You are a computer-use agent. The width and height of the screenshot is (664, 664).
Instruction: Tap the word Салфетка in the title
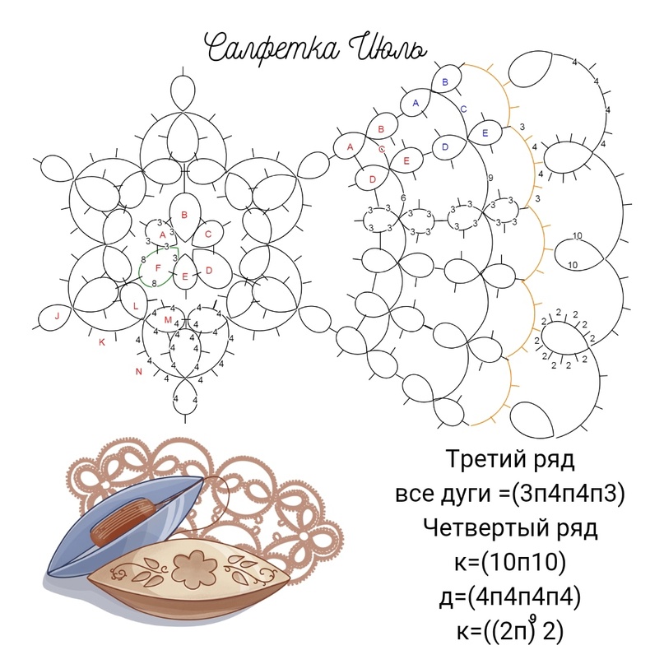(x=273, y=48)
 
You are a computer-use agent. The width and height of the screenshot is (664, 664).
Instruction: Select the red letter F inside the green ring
(x=158, y=268)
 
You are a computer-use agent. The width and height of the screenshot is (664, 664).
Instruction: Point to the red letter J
(x=57, y=316)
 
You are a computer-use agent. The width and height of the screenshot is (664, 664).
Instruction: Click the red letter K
(x=102, y=342)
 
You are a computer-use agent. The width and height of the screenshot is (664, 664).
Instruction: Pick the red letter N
(x=138, y=372)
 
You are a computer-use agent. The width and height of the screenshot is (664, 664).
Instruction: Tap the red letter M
(x=168, y=320)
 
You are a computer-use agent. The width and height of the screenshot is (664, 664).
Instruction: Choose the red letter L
(x=136, y=306)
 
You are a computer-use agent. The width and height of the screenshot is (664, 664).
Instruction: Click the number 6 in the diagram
(x=403, y=197)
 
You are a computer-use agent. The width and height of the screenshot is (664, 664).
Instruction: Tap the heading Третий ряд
(x=510, y=459)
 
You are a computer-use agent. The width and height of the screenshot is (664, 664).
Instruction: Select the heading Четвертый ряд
(x=510, y=528)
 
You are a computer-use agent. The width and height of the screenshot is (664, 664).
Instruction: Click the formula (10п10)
(x=523, y=562)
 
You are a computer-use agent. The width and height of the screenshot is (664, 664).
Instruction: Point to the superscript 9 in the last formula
(x=533, y=619)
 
